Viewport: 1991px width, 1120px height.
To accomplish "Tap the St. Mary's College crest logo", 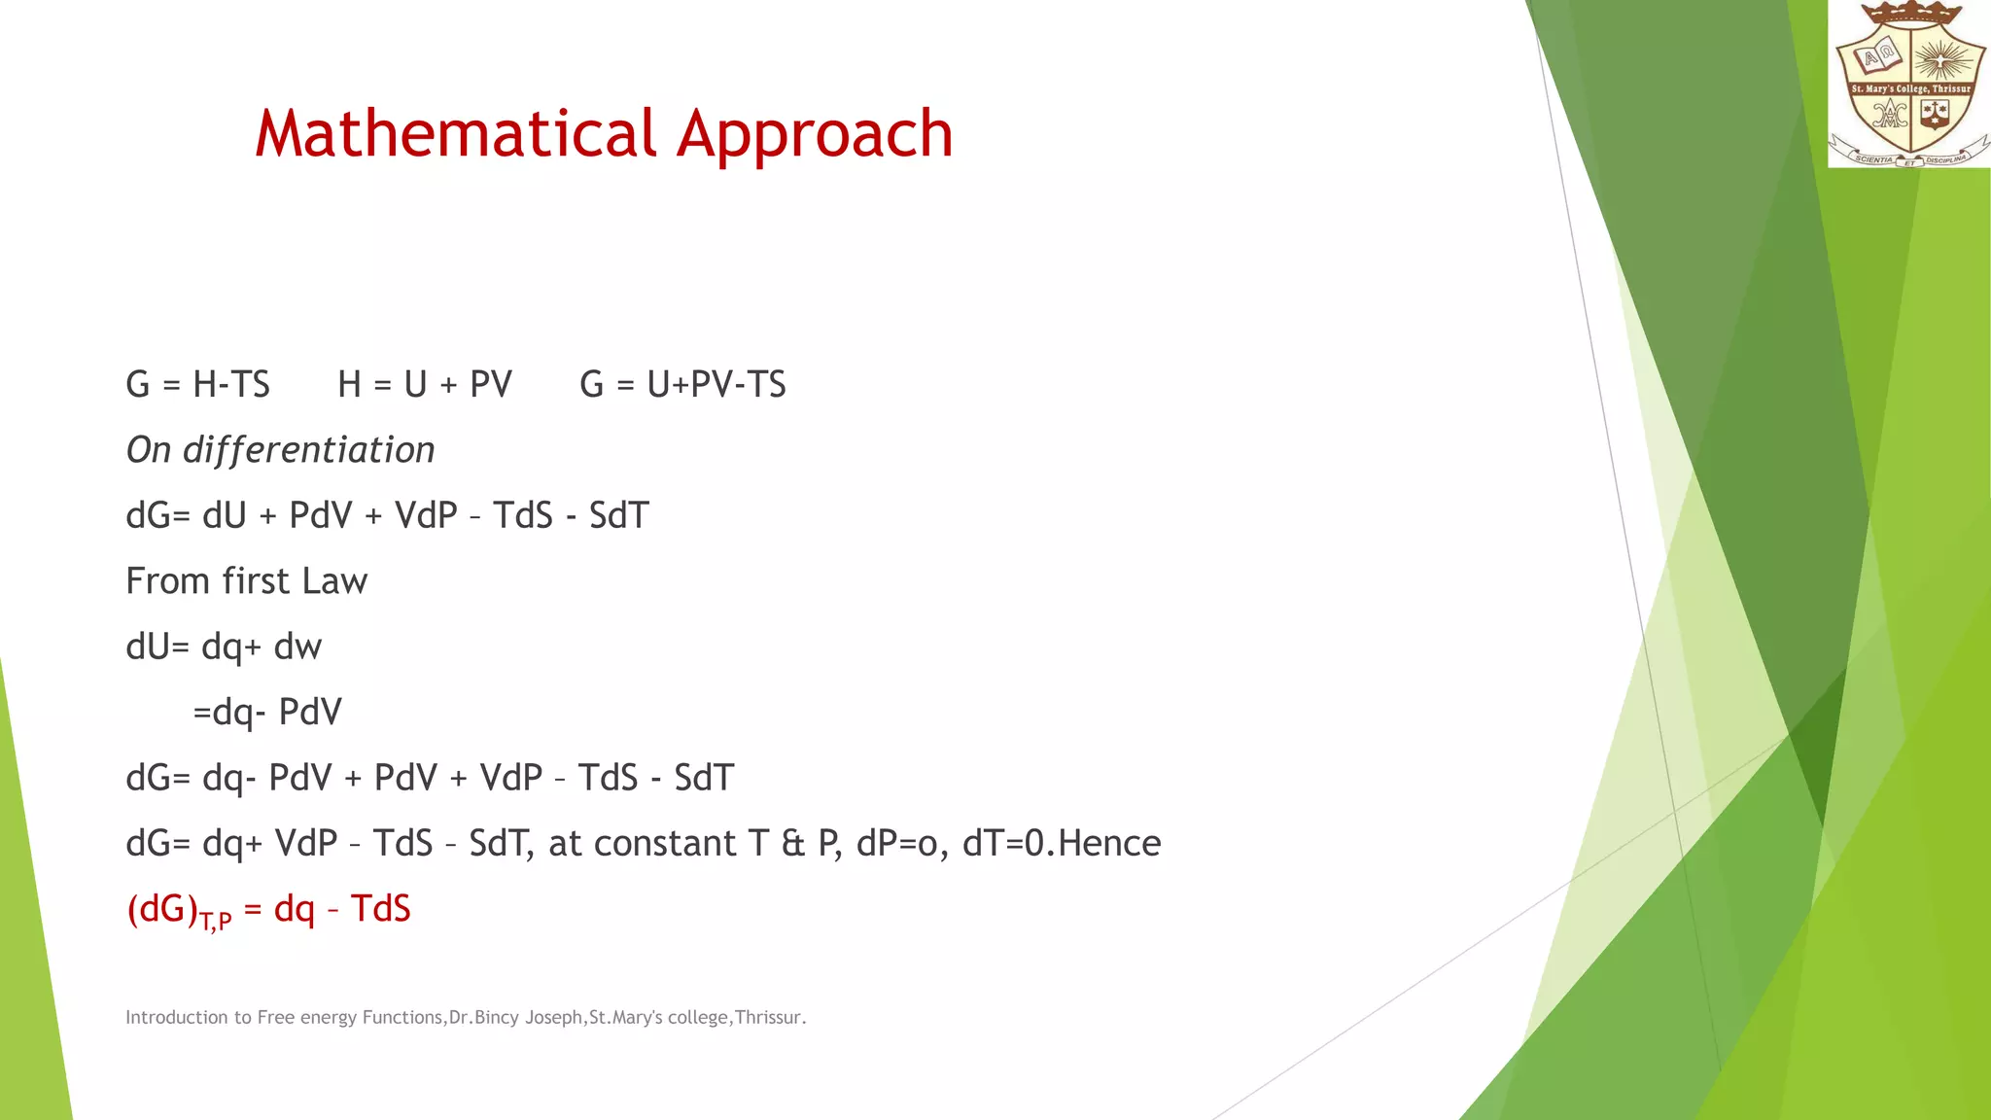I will (x=1909, y=86).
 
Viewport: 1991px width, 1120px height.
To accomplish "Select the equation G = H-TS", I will (x=197, y=385).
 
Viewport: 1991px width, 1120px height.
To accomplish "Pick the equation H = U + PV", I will (x=424, y=385).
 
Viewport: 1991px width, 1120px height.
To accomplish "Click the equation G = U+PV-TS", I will (x=682, y=385).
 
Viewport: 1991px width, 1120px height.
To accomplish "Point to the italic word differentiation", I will (x=308, y=451).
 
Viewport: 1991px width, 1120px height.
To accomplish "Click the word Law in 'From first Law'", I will (x=334, y=581).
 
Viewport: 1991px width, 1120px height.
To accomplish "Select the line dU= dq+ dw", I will (x=224, y=647).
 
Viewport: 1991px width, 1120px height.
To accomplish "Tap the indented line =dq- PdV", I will (x=267, y=713).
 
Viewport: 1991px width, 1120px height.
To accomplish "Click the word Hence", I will (x=1109, y=844).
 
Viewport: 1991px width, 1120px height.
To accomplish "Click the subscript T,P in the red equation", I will (x=215, y=920).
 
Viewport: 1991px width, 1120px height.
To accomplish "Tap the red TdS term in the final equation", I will (x=380, y=909).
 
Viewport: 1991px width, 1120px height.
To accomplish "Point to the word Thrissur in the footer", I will (x=769, y=1018).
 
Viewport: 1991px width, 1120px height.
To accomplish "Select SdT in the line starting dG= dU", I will (x=618, y=516).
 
